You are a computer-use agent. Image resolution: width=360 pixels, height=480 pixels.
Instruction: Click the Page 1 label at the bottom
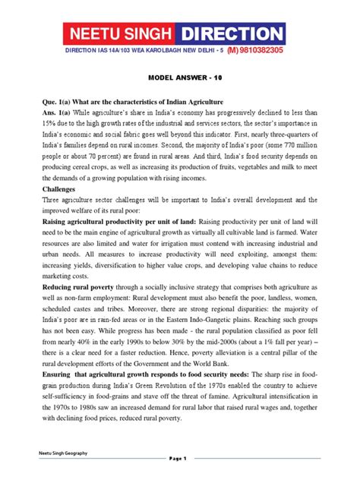click(x=180, y=459)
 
